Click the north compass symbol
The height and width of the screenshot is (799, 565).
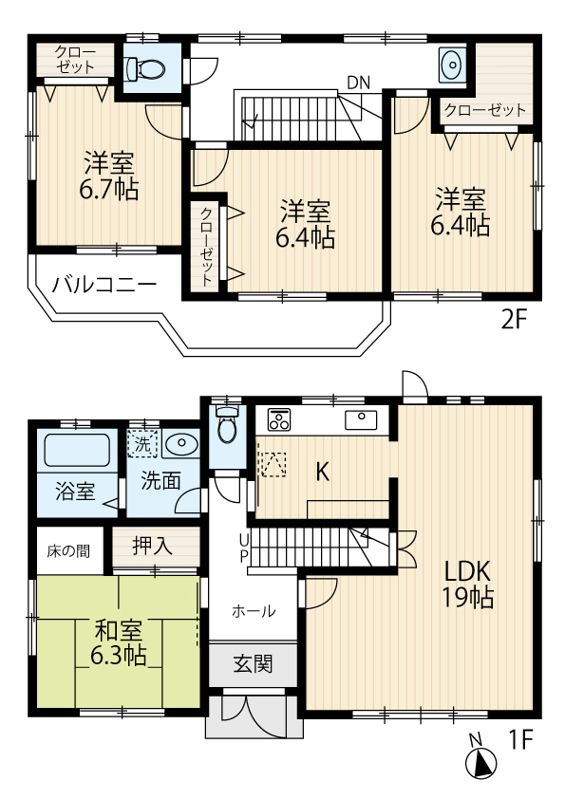pyautogui.click(x=481, y=762)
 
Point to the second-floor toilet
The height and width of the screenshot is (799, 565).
pyautogui.click(x=146, y=67)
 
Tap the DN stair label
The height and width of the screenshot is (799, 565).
pyautogui.click(x=358, y=83)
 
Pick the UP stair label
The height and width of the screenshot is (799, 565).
pyautogui.click(x=243, y=548)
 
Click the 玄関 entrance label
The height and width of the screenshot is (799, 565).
pyautogui.click(x=253, y=663)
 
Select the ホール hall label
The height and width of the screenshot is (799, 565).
pyautogui.click(x=254, y=611)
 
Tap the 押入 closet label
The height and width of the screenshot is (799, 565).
pyautogui.click(x=152, y=546)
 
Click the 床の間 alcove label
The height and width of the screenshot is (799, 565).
pyautogui.click(x=70, y=549)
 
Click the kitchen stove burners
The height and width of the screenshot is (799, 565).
pyautogui.click(x=280, y=418)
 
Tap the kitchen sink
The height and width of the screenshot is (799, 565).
pyautogui.click(x=363, y=418)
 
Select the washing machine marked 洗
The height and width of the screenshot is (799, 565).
pyautogui.click(x=141, y=443)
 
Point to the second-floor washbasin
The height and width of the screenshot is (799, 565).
pyautogui.click(x=451, y=64)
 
